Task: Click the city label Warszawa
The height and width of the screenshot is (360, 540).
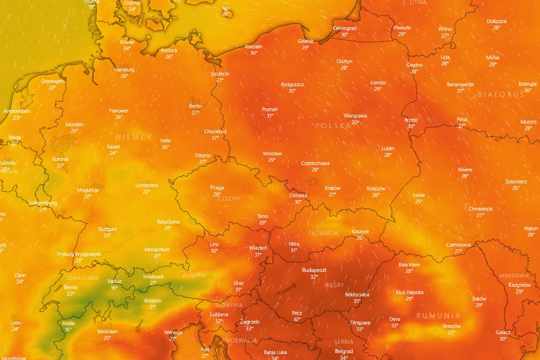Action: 355,116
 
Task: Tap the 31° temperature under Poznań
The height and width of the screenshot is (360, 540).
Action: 270,116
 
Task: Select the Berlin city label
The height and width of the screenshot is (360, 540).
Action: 196,106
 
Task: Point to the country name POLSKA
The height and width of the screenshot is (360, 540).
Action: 333,125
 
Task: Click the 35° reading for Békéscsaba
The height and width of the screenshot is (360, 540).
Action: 357,301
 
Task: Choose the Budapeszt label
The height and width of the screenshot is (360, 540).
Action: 314,270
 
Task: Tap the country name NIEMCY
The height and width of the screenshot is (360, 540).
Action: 133,137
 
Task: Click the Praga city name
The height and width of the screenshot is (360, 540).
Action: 217,188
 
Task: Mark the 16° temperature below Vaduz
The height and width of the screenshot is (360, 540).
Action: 114,288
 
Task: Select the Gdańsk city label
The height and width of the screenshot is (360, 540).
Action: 306,41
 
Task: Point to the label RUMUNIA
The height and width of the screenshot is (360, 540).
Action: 438,316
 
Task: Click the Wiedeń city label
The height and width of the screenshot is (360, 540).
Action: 258,248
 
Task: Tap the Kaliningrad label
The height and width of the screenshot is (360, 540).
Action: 345,28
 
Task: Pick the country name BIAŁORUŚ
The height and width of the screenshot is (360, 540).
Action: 501,94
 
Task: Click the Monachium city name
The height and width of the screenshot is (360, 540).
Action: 157,249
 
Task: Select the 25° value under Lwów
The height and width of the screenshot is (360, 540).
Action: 419,201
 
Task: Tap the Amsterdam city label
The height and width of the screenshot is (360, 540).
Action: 17,111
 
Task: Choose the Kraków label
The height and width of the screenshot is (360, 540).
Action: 332,188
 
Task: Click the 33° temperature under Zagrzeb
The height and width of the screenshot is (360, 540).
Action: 249,329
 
